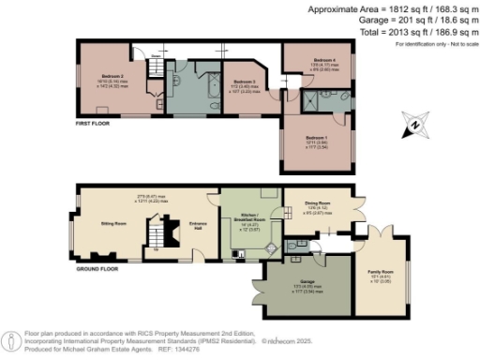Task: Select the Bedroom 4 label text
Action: coord(324,60)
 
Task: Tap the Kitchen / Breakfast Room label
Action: coord(242,217)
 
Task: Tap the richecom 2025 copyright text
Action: coord(291,340)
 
